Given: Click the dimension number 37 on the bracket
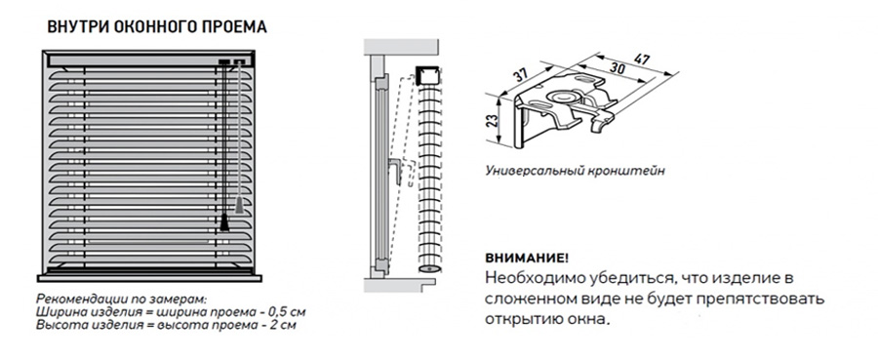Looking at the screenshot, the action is (521, 73).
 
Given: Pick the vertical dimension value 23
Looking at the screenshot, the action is (493, 119).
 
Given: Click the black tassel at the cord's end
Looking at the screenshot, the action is (224, 222).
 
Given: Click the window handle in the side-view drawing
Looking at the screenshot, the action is (396, 170).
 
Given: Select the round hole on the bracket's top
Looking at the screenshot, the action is (561, 98).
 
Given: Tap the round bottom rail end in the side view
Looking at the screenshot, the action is (429, 267).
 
